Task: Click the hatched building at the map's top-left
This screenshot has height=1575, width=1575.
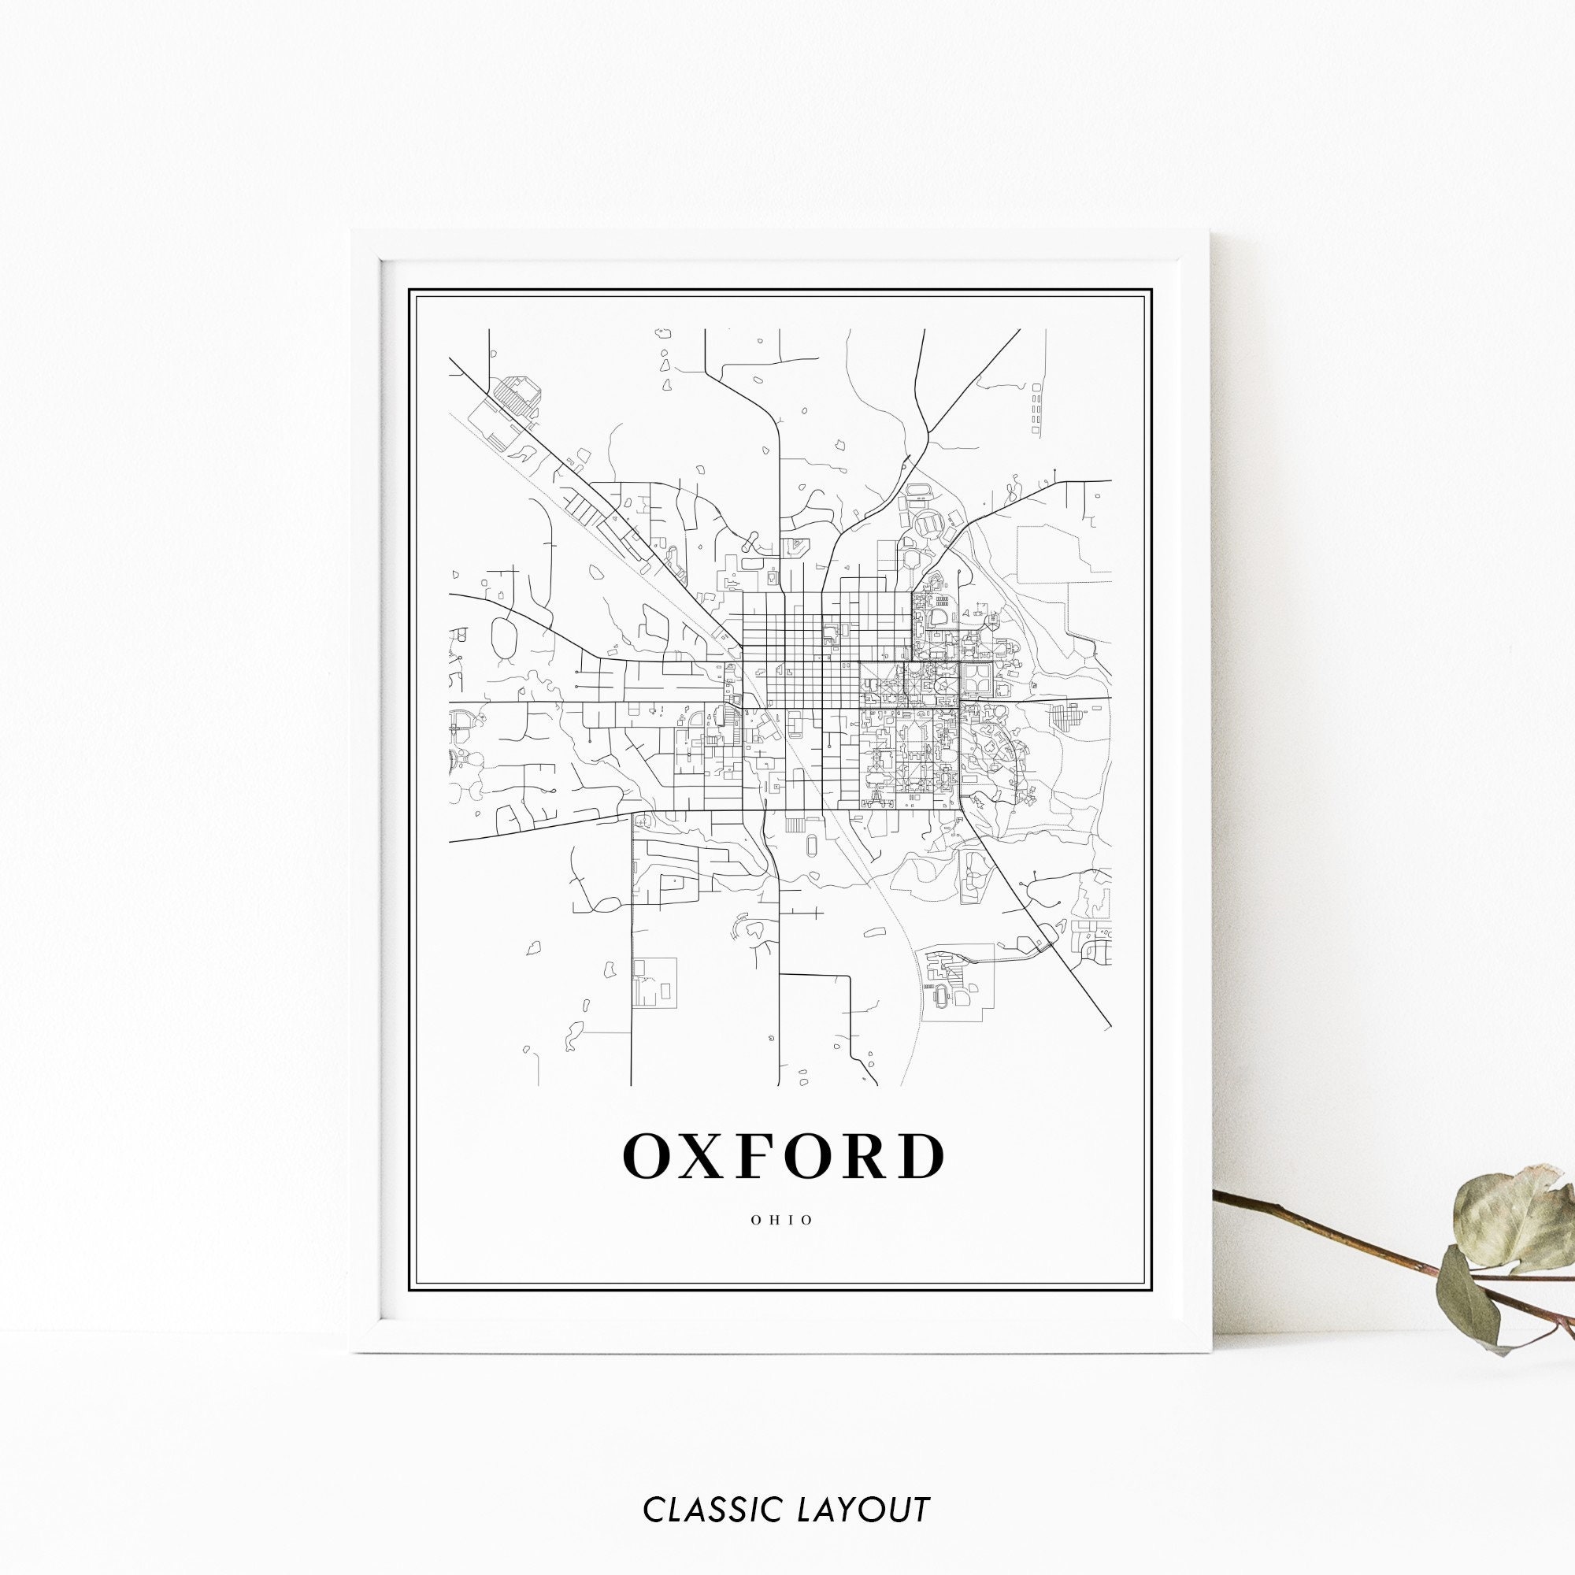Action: (519, 395)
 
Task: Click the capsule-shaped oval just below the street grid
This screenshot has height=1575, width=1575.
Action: (813, 847)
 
